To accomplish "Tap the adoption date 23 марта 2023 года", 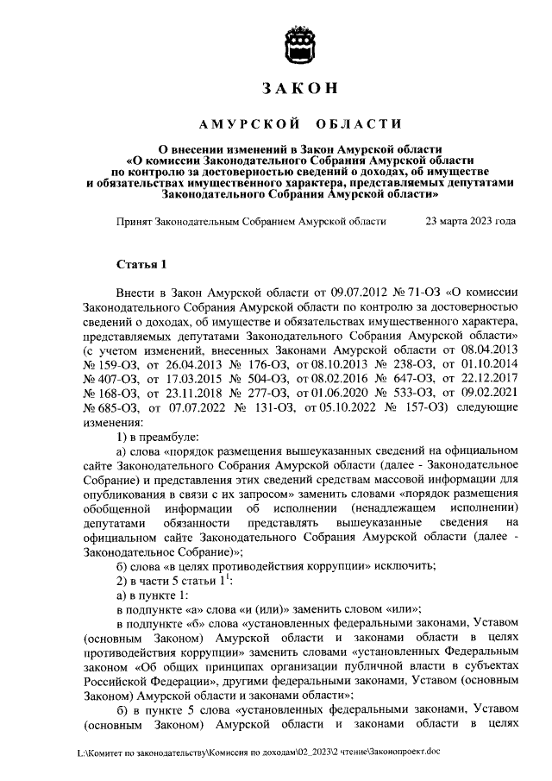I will point(471,222).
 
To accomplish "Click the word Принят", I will point(135,222).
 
